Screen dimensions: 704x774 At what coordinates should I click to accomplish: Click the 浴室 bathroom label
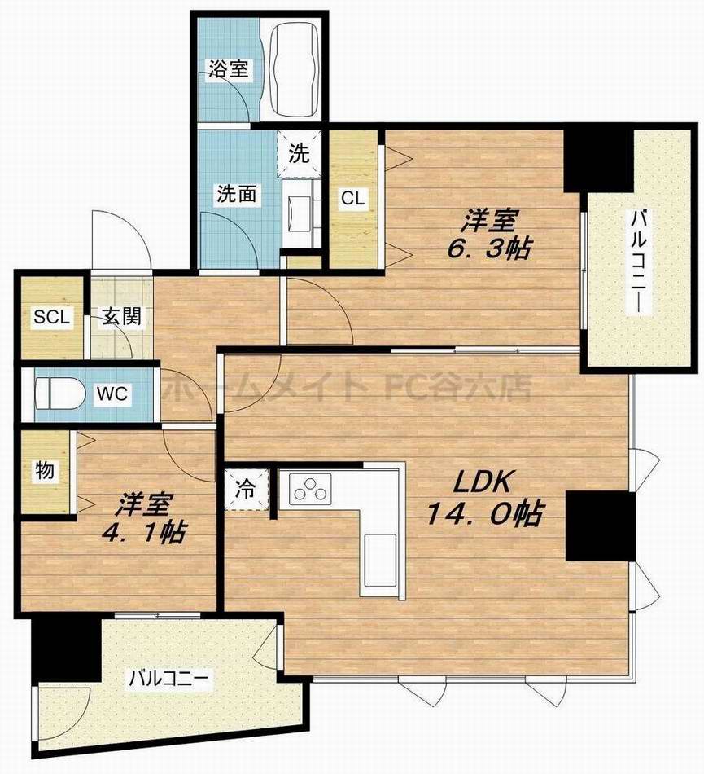(x=228, y=68)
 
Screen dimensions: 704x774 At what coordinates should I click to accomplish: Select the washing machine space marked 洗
(x=299, y=153)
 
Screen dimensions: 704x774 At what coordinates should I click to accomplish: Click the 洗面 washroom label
(x=237, y=194)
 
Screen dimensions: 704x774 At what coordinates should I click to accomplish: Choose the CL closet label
(x=353, y=198)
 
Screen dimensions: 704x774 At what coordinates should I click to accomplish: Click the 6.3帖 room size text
(x=489, y=248)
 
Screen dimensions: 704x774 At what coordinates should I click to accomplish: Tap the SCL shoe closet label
(x=51, y=316)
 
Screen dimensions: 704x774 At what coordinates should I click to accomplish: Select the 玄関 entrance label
(x=122, y=317)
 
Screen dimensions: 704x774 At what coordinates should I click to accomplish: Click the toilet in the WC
(x=59, y=393)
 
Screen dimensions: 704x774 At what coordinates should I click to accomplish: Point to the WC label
(x=112, y=394)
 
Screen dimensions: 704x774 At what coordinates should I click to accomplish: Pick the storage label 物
(x=45, y=470)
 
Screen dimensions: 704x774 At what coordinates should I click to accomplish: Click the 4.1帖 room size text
(x=143, y=532)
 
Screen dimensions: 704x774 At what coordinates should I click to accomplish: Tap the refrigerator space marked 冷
(x=246, y=490)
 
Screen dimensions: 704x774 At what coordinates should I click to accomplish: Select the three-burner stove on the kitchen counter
(x=309, y=488)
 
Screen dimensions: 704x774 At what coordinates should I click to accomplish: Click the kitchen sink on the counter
(x=380, y=561)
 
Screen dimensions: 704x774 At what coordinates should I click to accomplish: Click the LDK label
(x=481, y=482)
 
